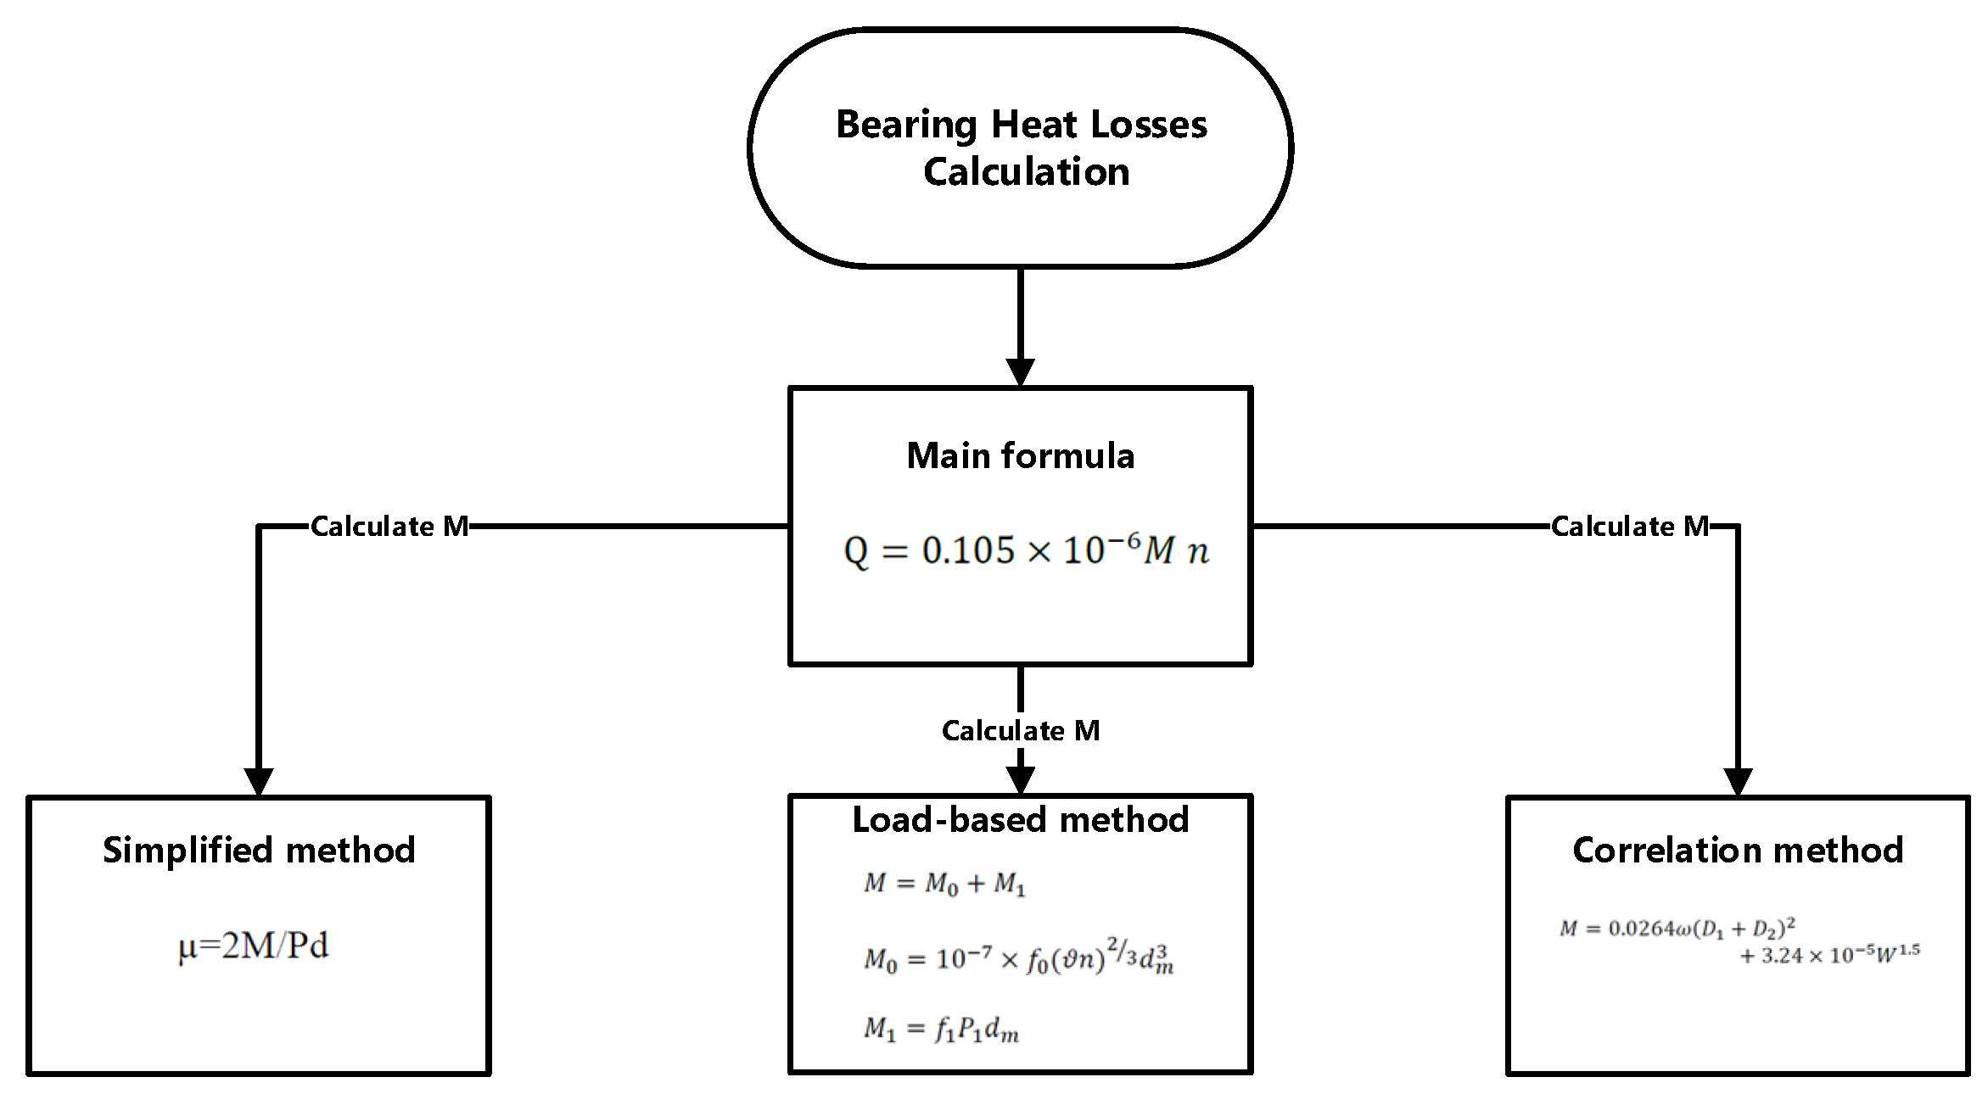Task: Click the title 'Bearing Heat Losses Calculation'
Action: [x=1021, y=147]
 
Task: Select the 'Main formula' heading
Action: [x=1020, y=456]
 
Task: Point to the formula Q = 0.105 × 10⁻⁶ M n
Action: [x=1026, y=551]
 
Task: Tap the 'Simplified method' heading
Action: [x=259, y=851]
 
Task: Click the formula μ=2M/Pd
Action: [x=253, y=946]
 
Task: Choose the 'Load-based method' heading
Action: [x=1020, y=820]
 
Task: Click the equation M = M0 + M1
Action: [x=944, y=884]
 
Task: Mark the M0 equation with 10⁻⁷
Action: [x=1018, y=959]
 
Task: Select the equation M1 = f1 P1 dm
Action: [x=941, y=1030]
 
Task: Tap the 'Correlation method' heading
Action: [x=1738, y=851]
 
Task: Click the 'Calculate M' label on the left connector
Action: [x=389, y=527]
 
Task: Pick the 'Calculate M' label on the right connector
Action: [x=1629, y=527]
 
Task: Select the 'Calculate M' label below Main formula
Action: [x=1020, y=731]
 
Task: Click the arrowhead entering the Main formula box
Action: [x=1020, y=372]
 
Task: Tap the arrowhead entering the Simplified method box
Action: [x=259, y=781]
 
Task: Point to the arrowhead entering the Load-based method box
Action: [x=1020, y=779]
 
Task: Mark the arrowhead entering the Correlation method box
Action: [x=1738, y=781]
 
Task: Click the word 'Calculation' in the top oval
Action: [x=1026, y=172]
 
